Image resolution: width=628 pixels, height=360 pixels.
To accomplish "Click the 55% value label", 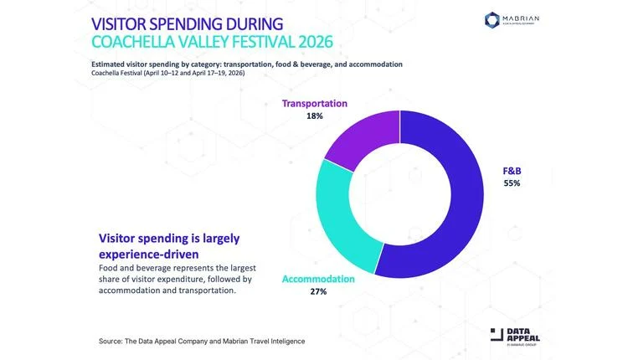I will click(512, 183).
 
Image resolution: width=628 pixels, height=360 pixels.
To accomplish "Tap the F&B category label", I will click(512, 170).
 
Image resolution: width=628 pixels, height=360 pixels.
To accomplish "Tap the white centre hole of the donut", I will click(400, 193).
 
